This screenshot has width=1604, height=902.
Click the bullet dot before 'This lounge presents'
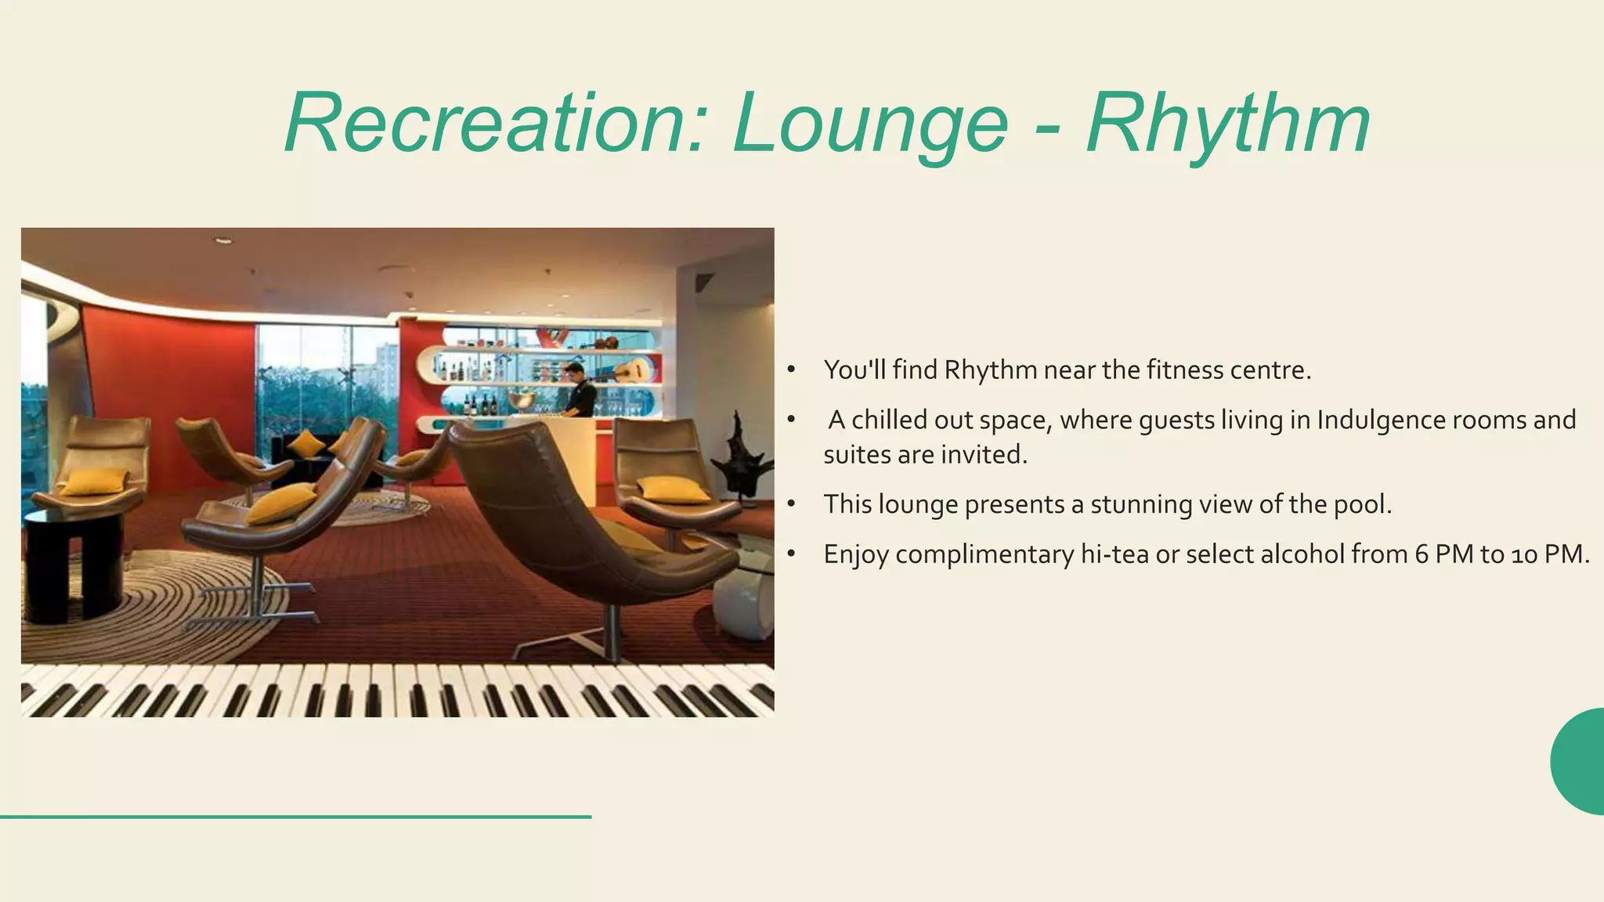[x=792, y=505]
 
